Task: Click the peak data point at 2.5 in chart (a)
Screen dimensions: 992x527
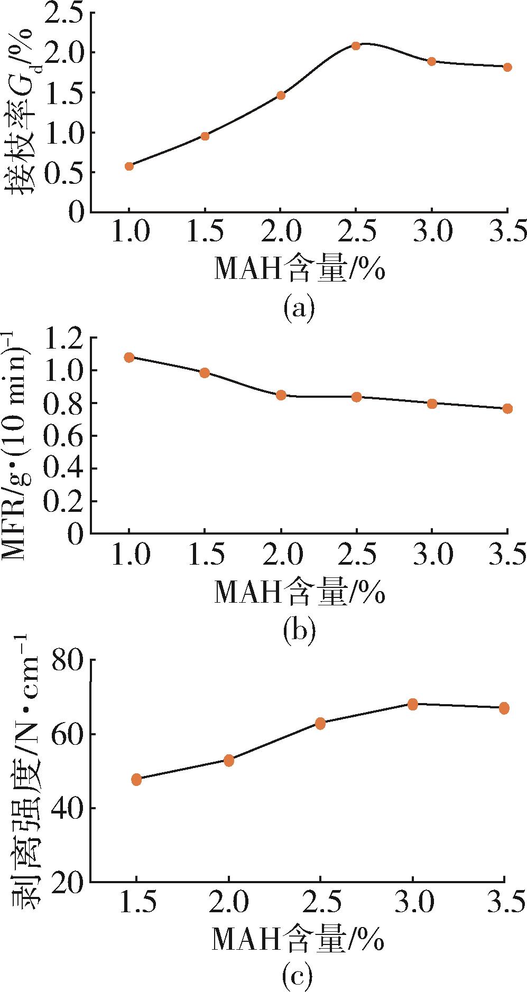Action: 356,46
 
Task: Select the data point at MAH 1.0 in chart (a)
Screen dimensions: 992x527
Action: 129,166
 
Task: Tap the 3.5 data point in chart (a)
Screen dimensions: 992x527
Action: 507,67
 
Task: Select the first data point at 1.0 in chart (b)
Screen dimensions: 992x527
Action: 129,358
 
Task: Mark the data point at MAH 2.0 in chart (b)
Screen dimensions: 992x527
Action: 281,395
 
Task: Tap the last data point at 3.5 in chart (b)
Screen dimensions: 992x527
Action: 507,408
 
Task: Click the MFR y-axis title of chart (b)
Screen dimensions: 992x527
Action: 19,444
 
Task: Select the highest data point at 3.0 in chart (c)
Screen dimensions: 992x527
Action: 413,704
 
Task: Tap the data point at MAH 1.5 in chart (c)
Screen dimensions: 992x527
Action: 136,780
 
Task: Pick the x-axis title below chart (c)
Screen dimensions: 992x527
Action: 299,938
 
